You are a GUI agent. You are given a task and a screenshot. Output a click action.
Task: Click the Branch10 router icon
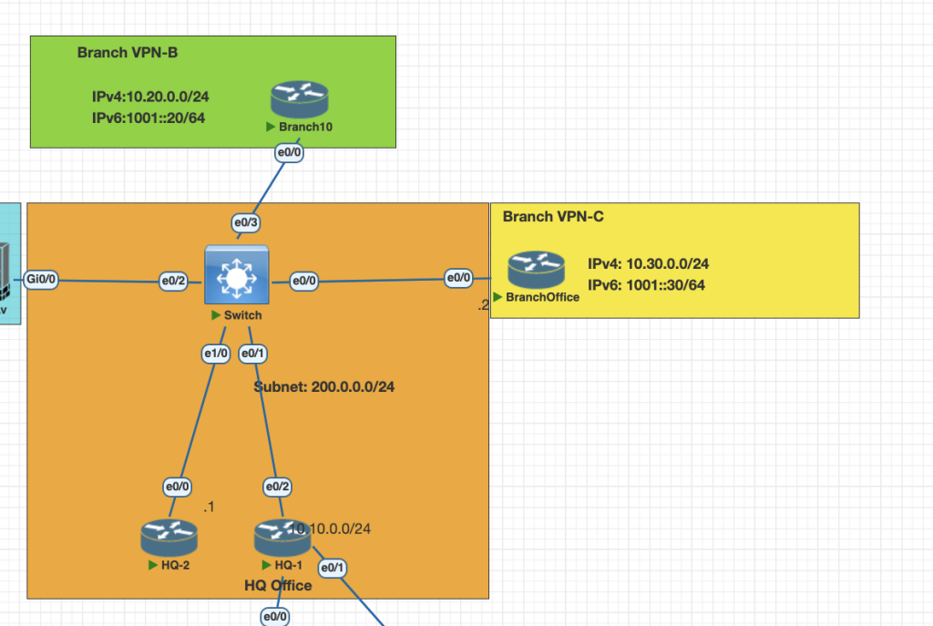pyautogui.click(x=299, y=99)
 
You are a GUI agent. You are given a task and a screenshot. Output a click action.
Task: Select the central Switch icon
pyautogui.click(x=236, y=274)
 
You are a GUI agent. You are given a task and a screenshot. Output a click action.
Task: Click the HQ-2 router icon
pyautogui.click(x=169, y=538)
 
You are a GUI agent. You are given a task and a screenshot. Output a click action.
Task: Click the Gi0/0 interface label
pyautogui.click(x=42, y=280)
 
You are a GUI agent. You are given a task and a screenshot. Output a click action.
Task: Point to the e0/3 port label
pyautogui.click(x=246, y=221)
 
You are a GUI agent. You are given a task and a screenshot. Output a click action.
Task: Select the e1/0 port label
pyautogui.click(x=215, y=353)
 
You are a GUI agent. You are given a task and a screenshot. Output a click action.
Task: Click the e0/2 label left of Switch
pyautogui.click(x=173, y=280)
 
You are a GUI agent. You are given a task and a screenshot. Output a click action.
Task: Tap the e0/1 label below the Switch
pyautogui.click(x=252, y=353)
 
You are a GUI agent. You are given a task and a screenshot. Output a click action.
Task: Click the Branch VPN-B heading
pyautogui.click(x=128, y=53)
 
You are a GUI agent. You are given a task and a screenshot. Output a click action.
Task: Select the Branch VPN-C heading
pyautogui.click(x=553, y=217)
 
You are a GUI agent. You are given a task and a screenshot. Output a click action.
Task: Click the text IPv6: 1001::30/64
pyautogui.click(x=646, y=285)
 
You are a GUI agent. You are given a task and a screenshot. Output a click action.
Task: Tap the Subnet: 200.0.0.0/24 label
pyautogui.click(x=324, y=386)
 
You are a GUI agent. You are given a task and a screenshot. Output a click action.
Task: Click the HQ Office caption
pyautogui.click(x=278, y=585)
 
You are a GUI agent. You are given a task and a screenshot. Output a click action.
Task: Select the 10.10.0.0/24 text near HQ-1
pyautogui.click(x=331, y=529)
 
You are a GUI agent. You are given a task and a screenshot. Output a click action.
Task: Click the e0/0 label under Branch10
pyautogui.click(x=289, y=154)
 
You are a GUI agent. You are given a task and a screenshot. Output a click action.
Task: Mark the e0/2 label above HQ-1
pyautogui.click(x=278, y=487)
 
